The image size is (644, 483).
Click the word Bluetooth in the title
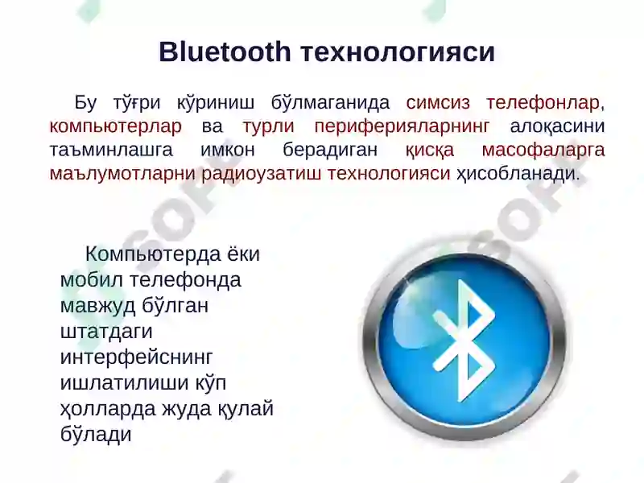[225, 52]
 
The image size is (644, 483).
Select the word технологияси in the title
[397, 52]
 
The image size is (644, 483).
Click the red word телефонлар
[543, 103]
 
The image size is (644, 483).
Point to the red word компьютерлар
[115, 126]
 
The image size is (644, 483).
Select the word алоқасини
[558, 126]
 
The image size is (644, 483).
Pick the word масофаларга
[543, 150]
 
